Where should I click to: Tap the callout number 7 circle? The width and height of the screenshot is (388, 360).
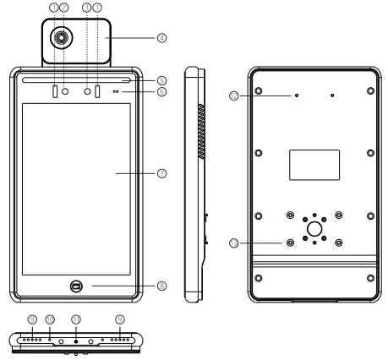161,172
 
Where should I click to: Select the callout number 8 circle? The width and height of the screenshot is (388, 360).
161,286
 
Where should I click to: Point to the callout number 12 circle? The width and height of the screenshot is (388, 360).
232,95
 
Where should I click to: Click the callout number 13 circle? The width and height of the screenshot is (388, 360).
232,243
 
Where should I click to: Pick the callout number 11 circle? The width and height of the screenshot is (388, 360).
77,319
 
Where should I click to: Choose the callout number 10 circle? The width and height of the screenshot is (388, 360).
50,319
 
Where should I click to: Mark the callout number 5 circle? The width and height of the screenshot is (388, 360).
161,80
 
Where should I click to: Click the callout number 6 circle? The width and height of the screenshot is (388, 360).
161,91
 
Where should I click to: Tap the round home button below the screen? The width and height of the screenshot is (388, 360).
77,286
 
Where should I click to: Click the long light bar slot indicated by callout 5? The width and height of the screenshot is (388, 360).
77,80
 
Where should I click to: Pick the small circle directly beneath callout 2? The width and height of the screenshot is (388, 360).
64,90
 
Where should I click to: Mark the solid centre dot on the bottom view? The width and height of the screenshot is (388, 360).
77,341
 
